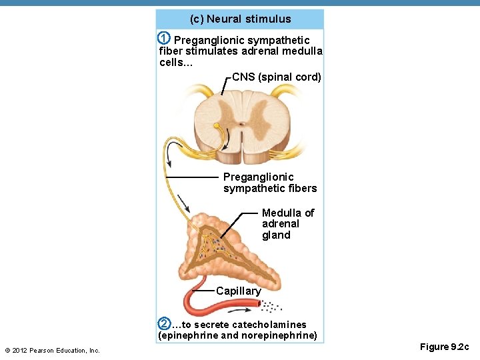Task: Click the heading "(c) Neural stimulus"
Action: pos(240,19)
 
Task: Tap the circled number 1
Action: pos(164,38)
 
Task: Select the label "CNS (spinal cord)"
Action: pos(277,77)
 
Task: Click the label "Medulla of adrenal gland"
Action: pos(287,224)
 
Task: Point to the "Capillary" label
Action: pos(238,291)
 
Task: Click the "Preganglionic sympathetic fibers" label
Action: pos(269,183)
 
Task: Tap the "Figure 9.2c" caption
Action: pos(444,347)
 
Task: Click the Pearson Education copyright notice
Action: pos(52,351)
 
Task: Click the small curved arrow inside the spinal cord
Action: pos(227,139)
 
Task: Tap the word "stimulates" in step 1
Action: pos(207,51)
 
